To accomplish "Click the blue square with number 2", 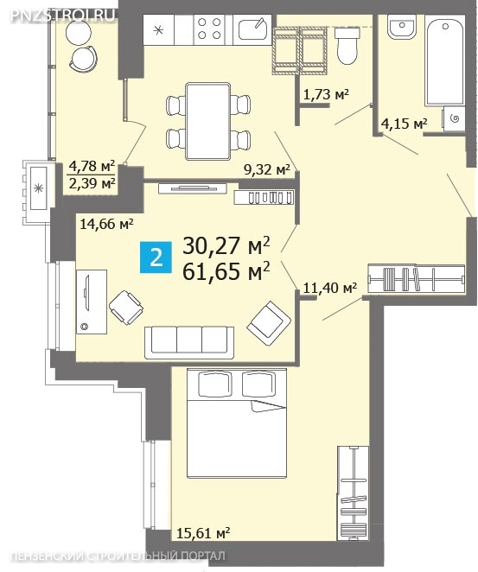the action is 156,257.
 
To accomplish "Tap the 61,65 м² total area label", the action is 226,271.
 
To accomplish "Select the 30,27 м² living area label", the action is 226,245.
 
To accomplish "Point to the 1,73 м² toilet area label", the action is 326,95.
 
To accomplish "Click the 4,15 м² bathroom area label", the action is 404,124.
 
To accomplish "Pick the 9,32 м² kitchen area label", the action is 267,169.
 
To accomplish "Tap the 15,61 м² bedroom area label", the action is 203,533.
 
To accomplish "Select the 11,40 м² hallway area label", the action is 330,289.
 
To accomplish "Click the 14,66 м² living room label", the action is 106,223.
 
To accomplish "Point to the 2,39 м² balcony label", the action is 92,183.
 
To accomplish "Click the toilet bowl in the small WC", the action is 347,46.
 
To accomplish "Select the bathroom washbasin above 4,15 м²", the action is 402,27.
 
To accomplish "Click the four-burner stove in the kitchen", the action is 209,29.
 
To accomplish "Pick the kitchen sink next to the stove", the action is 252,29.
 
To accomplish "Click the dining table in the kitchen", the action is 207,121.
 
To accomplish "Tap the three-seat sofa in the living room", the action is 189,342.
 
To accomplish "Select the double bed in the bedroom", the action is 237,423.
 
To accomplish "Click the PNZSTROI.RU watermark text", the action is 62,16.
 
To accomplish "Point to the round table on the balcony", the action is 79,32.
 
